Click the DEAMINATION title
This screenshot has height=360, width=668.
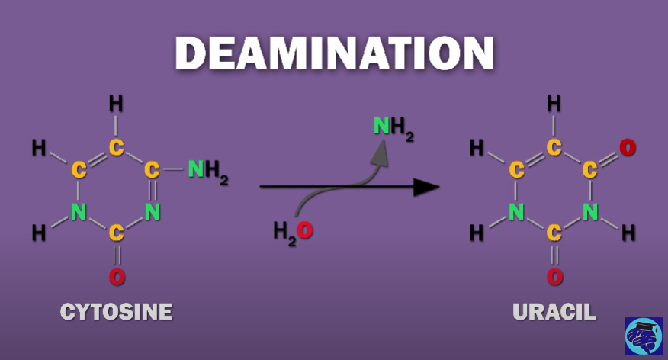pyautogui.click(x=334, y=53)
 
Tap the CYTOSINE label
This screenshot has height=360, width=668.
pyautogui.click(x=116, y=312)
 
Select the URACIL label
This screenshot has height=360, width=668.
pyautogui.click(x=554, y=312)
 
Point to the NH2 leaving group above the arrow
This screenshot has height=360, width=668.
pyautogui.click(x=393, y=127)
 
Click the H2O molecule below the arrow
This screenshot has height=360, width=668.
pyautogui.click(x=294, y=230)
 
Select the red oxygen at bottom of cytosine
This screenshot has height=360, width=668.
pyautogui.click(x=117, y=277)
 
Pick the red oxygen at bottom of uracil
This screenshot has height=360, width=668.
pyautogui.click(x=555, y=277)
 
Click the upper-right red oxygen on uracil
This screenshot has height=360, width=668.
pyautogui.click(x=628, y=147)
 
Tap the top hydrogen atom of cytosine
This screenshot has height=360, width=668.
pyautogui.click(x=116, y=103)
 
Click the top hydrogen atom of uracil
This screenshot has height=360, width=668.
pyautogui.click(x=554, y=103)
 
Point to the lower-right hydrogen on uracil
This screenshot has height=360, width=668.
pyautogui.click(x=628, y=233)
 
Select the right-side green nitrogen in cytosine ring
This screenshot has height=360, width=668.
pyautogui.click(x=153, y=212)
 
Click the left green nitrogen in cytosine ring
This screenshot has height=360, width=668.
pyautogui.click(x=79, y=212)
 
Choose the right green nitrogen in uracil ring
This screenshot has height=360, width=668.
pyautogui.click(x=590, y=212)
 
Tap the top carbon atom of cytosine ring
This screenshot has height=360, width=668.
pyautogui.click(x=116, y=147)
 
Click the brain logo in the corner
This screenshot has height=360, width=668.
pyautogui.click(x=643, y=336)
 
